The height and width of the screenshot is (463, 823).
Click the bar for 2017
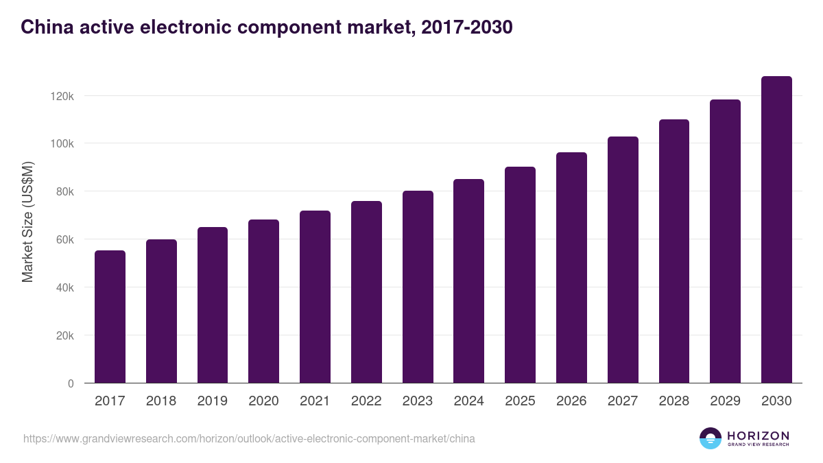click(110, 317)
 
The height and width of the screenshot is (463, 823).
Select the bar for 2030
click(776, 230)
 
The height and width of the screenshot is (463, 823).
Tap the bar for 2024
click(469, 281)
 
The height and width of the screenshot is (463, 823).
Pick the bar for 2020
click(263, 301)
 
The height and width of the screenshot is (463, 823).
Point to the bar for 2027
click(623, 260)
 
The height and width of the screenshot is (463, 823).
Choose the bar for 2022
click(366, 292)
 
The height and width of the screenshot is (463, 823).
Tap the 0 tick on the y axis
click(71, 383)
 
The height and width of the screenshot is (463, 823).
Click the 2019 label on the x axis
click(213, 401)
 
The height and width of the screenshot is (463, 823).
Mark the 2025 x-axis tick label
click(520, 401)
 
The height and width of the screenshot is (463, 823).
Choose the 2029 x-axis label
click(725, 401)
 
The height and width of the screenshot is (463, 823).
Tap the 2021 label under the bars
click(315, 401)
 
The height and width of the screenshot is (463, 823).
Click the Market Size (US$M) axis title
click(27, 222)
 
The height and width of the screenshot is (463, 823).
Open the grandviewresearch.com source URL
click(249, 438)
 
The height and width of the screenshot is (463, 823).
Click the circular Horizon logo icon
click(711, 438)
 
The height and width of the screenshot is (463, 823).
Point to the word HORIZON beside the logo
click(758, 436)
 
